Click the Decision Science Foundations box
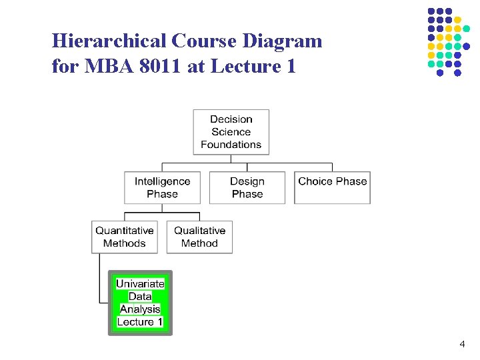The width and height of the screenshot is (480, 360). click(231, 132)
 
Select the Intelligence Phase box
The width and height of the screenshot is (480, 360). click(162, 187)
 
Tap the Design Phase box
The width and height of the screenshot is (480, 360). click(247, 187)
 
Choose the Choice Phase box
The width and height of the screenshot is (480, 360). click(332, 187)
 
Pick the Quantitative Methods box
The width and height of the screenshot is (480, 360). click(124, 237)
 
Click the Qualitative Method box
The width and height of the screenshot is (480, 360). click(199, 237)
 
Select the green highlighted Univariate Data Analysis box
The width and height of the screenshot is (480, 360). click(140, 303)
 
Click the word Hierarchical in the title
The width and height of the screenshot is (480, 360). click(109, 41)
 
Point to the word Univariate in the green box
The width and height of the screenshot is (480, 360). click(140, 283)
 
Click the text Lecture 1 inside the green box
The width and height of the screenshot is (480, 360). click(140, 322)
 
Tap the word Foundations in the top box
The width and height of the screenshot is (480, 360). click(231, 145)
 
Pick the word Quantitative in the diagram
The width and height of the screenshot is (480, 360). click(124, 231)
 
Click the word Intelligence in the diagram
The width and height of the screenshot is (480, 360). click(162, 181)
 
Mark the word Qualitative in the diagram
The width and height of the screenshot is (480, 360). click(199, 231)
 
